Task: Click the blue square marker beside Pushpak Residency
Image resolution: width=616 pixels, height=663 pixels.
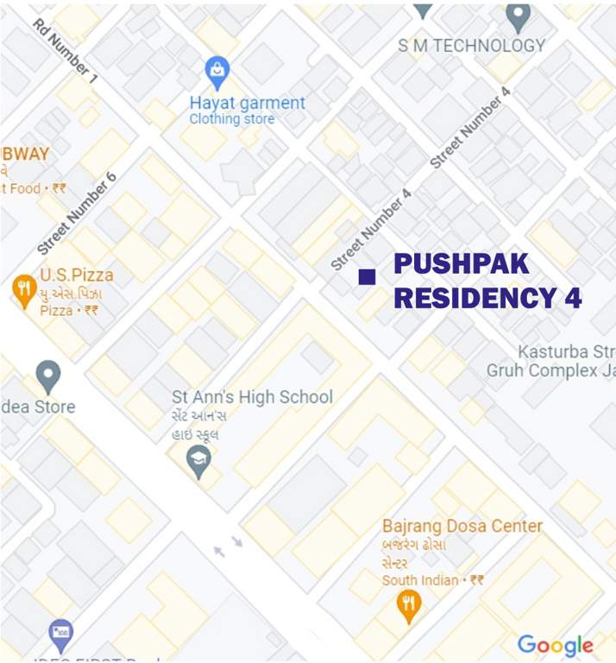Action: pos(367,276)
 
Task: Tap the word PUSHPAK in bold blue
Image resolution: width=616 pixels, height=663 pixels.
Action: pos(461,264)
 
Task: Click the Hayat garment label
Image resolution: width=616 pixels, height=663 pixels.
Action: pos(248,103)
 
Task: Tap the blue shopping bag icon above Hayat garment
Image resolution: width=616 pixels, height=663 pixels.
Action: pos(217,68)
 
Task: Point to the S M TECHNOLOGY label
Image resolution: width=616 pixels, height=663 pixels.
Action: pos(471,46)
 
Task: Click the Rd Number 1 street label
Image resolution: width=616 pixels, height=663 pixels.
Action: pos(66,52)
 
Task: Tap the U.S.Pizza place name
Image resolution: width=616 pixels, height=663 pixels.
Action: pos(76,275)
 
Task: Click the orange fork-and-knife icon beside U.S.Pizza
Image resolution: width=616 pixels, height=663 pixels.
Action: pos(24,290)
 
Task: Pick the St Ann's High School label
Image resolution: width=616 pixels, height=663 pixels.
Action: pos(252,397)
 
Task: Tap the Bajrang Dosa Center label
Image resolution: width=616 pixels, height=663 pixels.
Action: pos(462,526)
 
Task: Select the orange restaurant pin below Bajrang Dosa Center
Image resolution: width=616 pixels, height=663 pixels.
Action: pos(408,606)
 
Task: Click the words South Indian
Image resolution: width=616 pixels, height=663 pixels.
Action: pos(420,580)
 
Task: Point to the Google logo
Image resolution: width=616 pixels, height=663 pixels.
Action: pos(555,645)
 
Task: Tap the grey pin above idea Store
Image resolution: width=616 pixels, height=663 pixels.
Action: pos(48,376)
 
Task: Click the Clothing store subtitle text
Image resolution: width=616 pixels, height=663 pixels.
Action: pos(231,119)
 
